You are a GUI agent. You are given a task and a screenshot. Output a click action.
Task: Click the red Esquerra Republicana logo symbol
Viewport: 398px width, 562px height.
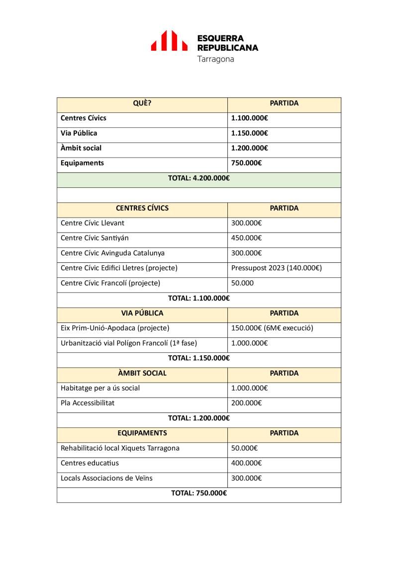click(x=169, y=41)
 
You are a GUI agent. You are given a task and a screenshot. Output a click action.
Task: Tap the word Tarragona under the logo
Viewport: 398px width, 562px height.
click(x=215, y=59)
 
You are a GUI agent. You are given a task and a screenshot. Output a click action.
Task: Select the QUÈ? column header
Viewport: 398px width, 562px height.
click(x=142, y=103)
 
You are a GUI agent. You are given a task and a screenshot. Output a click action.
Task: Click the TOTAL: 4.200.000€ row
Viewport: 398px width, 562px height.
click(x=199, y=178)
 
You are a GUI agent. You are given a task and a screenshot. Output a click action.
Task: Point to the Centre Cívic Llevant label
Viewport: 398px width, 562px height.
click(x=93, y=223)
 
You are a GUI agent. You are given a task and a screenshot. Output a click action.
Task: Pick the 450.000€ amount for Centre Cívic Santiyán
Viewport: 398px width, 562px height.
click(x=246, y=238)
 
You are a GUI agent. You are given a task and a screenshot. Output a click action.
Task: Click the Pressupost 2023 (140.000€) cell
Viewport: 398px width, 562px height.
click(x=276, y=268)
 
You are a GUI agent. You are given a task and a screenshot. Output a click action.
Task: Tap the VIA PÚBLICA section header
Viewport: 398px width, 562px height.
click(x=142, y=313)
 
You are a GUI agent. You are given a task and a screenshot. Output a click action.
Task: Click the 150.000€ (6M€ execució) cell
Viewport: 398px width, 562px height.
click(x=272, y=328)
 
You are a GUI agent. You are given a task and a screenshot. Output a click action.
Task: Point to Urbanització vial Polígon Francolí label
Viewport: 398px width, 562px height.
click(x=129, y=343)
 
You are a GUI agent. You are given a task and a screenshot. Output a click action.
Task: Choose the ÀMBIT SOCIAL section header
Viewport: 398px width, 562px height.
click(x=142, y=373)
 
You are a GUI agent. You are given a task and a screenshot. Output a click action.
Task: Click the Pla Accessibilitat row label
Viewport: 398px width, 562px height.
click(x=88, y=403)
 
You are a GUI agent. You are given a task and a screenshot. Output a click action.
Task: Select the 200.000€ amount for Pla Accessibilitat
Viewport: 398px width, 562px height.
click(x=246, y=403)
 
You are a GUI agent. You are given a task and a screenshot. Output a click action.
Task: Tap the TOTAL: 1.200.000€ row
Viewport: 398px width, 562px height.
click(x=199, y=418)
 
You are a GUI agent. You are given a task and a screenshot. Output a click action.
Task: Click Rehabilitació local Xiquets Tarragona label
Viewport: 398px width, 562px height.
click(x=120, y=448)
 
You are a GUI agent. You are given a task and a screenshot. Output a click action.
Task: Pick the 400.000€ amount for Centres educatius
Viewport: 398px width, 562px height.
click(x=246, y=463)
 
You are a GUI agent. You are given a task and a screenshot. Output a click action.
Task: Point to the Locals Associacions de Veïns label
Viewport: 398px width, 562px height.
click(x=106, y=478)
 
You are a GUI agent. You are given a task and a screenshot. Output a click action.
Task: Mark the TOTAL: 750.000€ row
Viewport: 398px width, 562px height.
click(x=199, y=493)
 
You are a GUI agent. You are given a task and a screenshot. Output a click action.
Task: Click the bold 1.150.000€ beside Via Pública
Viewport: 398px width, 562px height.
click(x=250, y=133)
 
